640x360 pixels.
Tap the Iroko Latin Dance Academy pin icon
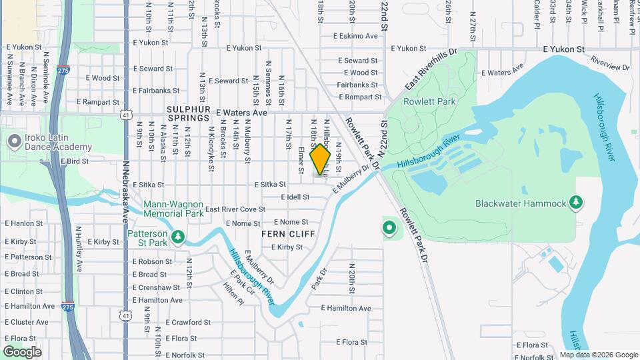pos(13,141)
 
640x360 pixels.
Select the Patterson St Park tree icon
pos(177,237)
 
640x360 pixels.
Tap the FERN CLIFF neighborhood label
pos(288,234)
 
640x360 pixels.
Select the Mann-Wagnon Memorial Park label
pos(173,209)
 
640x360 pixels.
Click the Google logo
pos(22,352)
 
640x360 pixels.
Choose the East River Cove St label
pos(235,209)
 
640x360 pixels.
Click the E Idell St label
pos(295,197)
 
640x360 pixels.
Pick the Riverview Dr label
pos(610,64)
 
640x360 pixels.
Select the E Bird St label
pos(75,161)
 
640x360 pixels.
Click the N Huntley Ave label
pos(79,249)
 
